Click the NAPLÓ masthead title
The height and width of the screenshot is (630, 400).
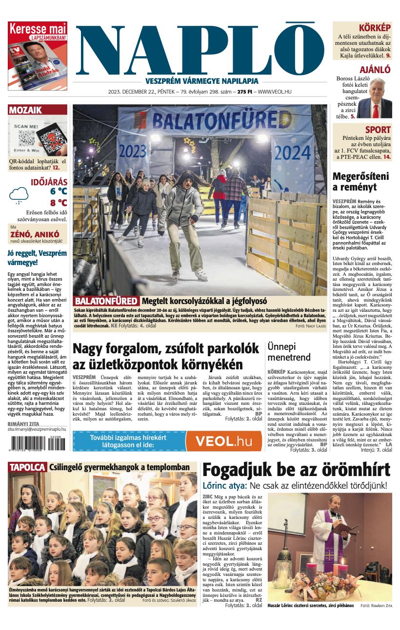[200, 48]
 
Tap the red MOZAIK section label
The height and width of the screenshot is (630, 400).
[25, 110]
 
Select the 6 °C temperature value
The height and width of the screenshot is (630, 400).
[58, 191]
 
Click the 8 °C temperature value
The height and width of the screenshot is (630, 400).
[58, 203]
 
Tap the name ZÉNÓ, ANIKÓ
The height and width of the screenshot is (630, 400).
[38, 234]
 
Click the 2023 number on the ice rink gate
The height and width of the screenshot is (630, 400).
[132, 149]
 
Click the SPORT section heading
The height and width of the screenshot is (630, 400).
[378, 130]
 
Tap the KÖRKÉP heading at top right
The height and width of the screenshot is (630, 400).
[375, 28]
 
